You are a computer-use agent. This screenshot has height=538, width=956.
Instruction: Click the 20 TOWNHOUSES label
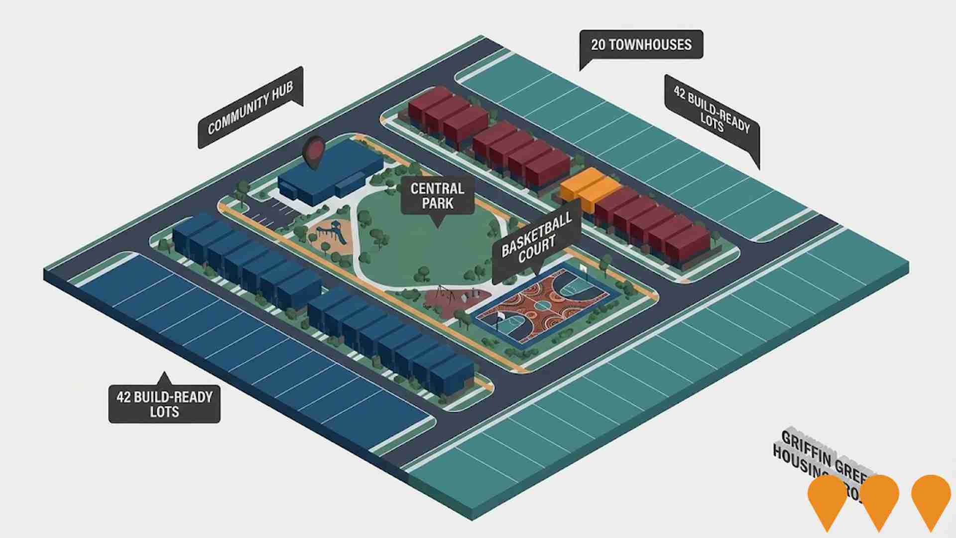[x=641, y=45]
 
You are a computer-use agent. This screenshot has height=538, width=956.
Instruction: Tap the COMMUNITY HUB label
[x=250, y=108]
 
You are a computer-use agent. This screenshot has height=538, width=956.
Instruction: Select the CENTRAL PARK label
[x=437, y=196]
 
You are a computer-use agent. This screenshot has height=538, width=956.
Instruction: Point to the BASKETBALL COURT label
[x=536, y=241]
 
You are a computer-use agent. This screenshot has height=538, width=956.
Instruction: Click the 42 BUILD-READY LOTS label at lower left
[x=164, y=404]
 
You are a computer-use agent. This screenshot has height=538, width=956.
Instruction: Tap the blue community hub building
[x=329, y=174]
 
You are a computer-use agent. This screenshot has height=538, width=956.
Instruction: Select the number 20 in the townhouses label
[x=598, y=45]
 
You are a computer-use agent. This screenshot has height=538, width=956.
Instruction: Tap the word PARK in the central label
[x=437, y=203]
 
